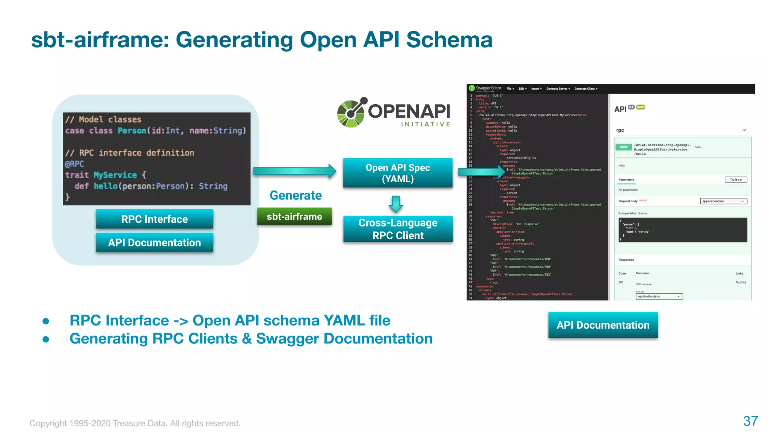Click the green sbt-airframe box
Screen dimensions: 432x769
coord(294,216)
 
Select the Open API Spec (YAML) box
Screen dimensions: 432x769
coord(398,173)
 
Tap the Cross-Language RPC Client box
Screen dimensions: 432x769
coord(398,229)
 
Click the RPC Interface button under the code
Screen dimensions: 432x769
coord(154,219)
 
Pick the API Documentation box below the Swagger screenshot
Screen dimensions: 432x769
coord(603,325)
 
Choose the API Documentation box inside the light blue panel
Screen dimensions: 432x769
coord(154,243)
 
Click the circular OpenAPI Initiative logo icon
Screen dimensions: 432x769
coord(351,113)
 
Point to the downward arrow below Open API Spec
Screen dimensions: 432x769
coord(396,204)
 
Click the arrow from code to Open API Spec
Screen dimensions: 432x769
coord(294,171)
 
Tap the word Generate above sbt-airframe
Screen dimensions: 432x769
coord(296,195)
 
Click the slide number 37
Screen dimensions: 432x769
coord(750,421)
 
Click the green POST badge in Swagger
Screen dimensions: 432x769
coord(624,147)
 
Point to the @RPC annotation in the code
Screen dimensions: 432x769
coord(74,164)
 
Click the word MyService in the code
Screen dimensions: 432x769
coord(115,175)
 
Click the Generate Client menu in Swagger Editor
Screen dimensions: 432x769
coord(585,89)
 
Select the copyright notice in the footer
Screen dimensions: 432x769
coord(135,423)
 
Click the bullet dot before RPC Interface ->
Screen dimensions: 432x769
coord(46,321)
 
